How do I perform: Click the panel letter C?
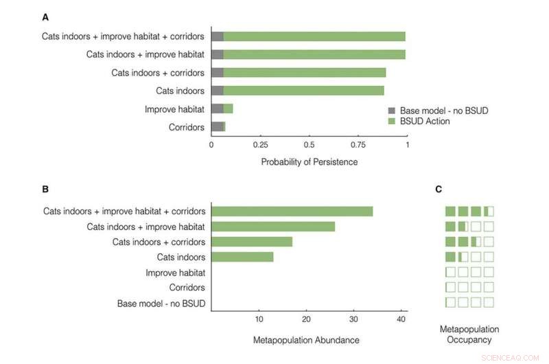point(448,188)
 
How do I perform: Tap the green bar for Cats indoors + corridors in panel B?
point(252,242)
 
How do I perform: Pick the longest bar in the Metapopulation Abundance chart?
point(292,212)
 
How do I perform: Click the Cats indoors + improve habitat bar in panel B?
point(273,227)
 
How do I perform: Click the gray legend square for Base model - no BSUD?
point(392,111)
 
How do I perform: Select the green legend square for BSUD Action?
point(392,121)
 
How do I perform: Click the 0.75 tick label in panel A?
point(358,146)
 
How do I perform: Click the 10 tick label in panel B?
point(259,319)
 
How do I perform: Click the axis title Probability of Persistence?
point(309,162)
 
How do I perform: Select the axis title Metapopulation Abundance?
point(306,340)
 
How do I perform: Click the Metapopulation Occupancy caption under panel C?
point(469,334)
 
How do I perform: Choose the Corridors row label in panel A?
point(187,127)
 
